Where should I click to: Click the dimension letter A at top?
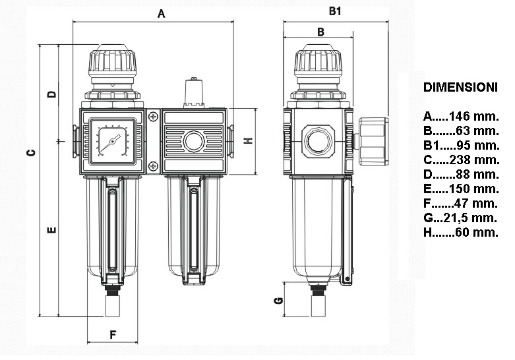click(x=161, y=13)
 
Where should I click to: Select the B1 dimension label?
click(x=335, y=11)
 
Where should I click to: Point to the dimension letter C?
click(x=31, y=153)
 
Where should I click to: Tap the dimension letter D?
click(x=51, y=94)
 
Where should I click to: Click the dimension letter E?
click(x=51, y=230)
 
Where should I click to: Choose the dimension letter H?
click(x=249, y=140)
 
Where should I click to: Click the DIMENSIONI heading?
click(x=460, y=87)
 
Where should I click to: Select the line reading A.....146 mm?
click(x=461, y=116)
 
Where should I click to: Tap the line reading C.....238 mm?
click(x=461, y=160)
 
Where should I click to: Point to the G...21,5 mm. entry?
click(x=460, y=218)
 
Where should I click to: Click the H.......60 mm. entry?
click(x=461, y=232)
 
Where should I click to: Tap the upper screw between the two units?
click(x=154, y=117)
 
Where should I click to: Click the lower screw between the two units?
click(x=154, y=165)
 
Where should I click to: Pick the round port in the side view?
click(x=318, y=140)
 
